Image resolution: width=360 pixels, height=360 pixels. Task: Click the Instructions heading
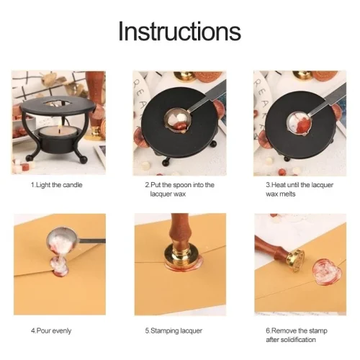tap(179, 32)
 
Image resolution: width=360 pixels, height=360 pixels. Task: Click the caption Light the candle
tap(57, 185)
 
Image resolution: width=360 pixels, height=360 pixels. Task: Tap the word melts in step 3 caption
tap(287, 194)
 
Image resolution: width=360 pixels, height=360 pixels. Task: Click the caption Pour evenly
tap(51, 330)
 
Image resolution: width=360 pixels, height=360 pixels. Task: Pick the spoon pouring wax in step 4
tap(72, 240)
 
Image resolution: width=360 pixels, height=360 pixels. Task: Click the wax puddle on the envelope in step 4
tap(59, 267)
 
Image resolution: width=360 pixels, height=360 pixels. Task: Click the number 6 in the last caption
tap(268, 330)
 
